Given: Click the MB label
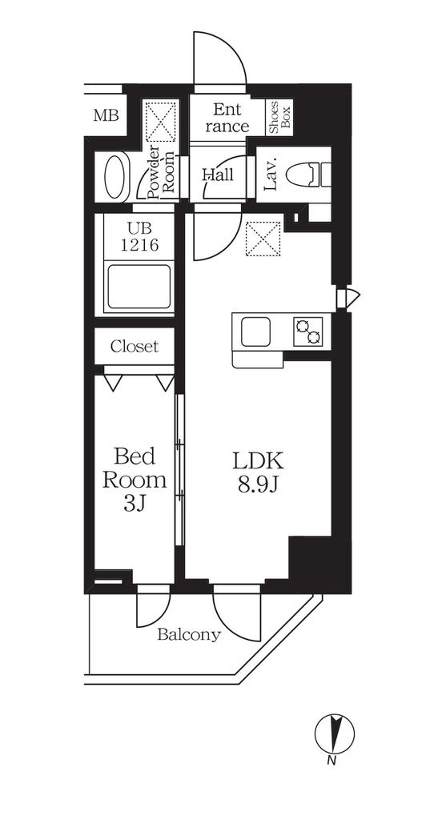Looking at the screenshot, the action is coord(106,115).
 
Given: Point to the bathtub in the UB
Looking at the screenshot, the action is coord(139,287).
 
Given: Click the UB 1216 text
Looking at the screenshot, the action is coord(139,237).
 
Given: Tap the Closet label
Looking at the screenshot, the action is coord(134,346).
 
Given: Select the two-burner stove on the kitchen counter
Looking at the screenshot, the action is coord(307,332).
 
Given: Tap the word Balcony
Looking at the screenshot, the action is coord(189,635).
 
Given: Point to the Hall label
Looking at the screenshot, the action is coord(218,174).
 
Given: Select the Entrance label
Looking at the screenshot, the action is coord(227,119).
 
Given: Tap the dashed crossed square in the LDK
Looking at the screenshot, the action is coord(263,239).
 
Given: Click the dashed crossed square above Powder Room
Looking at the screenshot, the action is coord(162,122).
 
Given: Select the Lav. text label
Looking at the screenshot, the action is coord(271,174).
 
